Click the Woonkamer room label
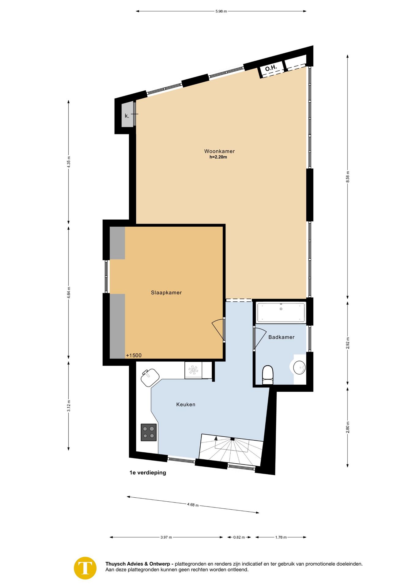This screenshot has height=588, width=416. click(x=219, y=151)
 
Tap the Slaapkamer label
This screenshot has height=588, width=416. click(x=166, y=293)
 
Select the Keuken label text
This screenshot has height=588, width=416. click(x=186, y=405)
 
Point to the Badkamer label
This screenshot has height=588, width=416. click(x=281, y=337)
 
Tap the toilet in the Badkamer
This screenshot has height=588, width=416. click(x=268, y=375)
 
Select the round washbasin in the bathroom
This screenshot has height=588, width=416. click(x=299, y=367)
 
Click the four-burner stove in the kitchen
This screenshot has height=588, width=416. click(x=149, y=432)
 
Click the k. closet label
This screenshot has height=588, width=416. click(x=127, y=116)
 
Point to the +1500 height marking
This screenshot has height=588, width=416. click(x=134, y=356)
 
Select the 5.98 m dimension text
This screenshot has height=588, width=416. click(x=221, y=12)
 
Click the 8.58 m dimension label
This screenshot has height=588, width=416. click(x=348, y=177)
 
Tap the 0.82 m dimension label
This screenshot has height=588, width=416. click(x=239, y=537)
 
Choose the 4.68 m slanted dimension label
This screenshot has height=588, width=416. click(x=193, y=505)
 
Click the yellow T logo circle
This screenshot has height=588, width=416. click(x=85, y=568)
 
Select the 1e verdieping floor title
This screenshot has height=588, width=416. click(x=148, y=473)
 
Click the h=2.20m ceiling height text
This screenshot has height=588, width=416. click(x=218, y=157)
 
